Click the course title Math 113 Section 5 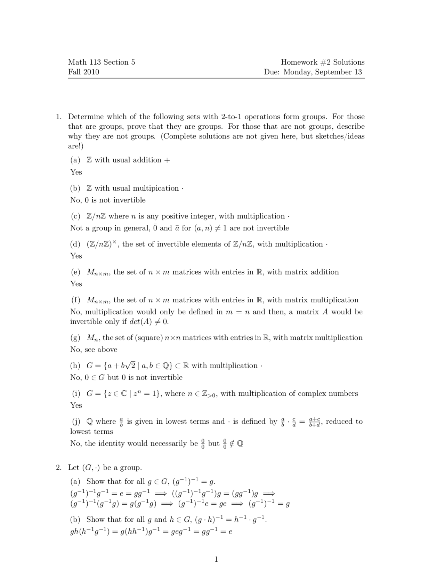(x=102, y=62)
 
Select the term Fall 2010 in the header (x=83, y=72)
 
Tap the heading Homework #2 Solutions (x=323, y=62)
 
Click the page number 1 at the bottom (x=216, y=559)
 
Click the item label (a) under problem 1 (x=75, y=160)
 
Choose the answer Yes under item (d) (x=76, y=256)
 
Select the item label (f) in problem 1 (x=75, y=300)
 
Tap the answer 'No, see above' (x=94, y=350)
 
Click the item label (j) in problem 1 (x=75, y=422)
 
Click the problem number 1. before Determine (x=59, y=117)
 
